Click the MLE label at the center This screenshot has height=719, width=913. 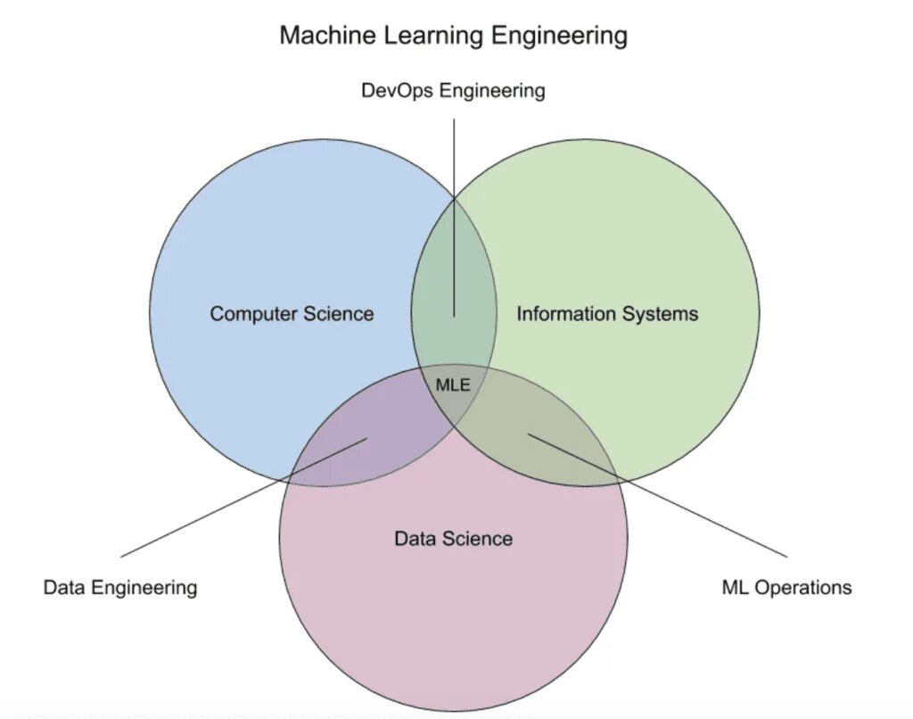(452, 385)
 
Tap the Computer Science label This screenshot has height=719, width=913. (292, 314)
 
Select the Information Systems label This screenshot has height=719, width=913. (607, 314)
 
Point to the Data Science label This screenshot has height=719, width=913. (453, 539)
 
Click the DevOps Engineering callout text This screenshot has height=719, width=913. (453, 91)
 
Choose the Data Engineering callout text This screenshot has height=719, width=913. (120, 587)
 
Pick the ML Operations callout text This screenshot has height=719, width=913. (786, 587)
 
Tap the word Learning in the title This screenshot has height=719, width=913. (430, 37)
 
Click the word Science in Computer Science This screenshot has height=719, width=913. (339, 314)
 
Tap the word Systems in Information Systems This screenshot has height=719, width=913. (661, 314)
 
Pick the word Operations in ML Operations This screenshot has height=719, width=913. (802, 587)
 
